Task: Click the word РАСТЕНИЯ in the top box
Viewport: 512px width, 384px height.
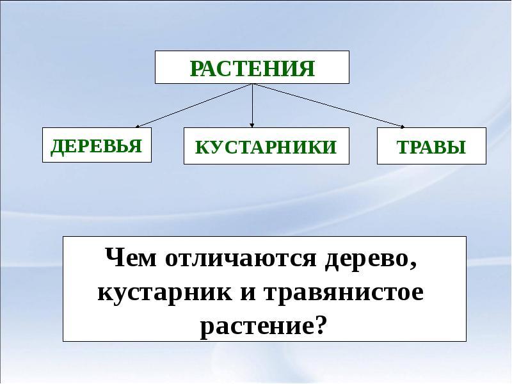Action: pyautogui.click(x=252, y=68)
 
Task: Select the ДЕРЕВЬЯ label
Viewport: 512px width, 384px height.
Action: pyautogui.click(x=97, y=146)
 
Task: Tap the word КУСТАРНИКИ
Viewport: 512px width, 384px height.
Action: pyautogui.click(x=266, y=147)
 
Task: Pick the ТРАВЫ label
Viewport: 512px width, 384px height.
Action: pyautogui.click(x=431, y=147)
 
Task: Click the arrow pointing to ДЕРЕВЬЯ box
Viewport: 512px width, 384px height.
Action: pyautogui.click(x=194, y=106)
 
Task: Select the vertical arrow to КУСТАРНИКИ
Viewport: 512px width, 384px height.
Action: pyautogui.click(x=252, y=106)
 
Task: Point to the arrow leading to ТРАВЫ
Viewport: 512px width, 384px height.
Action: pyautogui.click(x=328, y=106)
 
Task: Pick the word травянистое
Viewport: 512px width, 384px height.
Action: pyautogui.click(x=344, y=293)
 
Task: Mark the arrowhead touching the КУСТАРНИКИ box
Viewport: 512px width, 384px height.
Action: pyautogui.click(x=252, y=125)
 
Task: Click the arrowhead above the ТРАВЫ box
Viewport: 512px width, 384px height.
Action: pyautogui.click(x=403, y=127)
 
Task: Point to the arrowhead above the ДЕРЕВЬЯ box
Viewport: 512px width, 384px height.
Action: pyautogui.click(x=138, y=127)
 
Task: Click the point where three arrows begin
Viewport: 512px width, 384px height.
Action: pyautogui.click(x=252, y=84)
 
